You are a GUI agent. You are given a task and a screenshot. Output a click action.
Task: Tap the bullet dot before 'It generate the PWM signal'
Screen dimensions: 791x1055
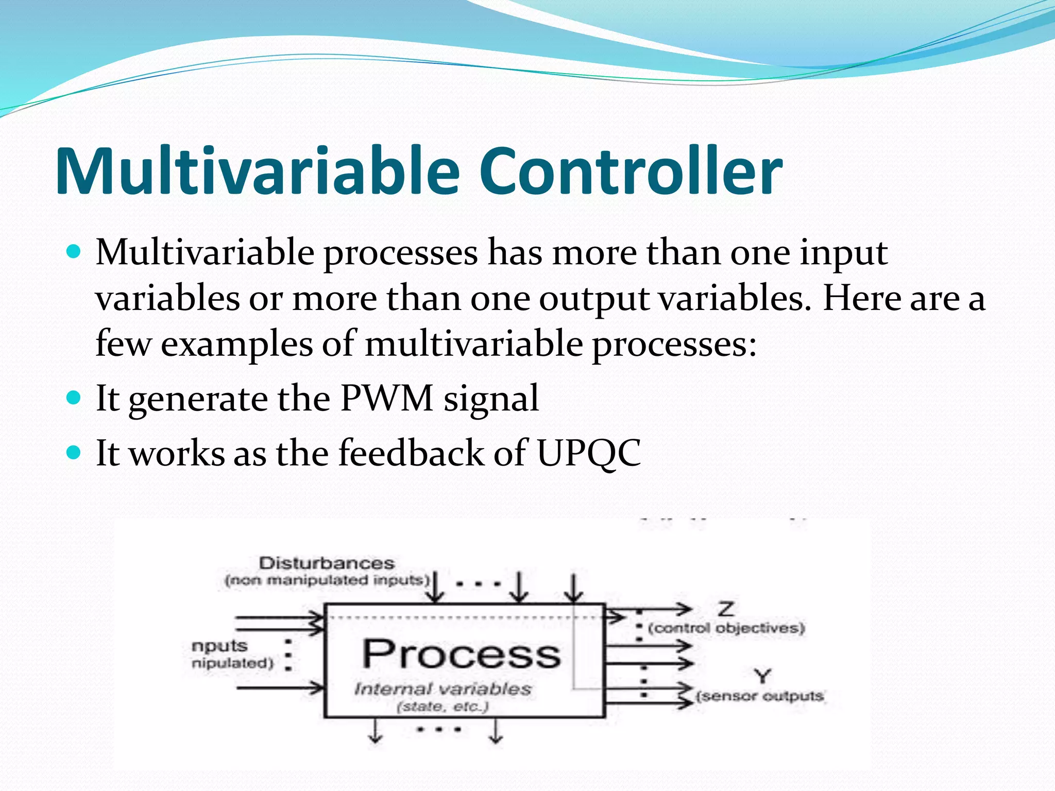pos(74,398)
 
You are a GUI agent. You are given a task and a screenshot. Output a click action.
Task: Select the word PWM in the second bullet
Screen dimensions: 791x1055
pos(386,398)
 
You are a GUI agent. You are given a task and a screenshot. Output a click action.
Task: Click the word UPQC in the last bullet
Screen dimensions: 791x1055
pos(588,453)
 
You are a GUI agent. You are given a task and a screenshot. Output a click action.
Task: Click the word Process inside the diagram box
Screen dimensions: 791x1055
pos(461,654)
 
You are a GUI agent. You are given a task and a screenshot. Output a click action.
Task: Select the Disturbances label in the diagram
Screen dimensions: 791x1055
pos(327,563)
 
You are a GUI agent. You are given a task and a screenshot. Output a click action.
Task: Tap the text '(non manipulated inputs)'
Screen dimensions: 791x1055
pos(327,580)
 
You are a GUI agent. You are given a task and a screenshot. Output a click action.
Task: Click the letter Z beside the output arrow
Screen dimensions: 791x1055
pos(726,609)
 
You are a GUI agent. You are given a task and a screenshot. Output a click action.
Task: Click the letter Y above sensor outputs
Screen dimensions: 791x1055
pos(762,675)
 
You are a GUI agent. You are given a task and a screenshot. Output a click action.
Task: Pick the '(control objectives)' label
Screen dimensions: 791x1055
pos(726,628)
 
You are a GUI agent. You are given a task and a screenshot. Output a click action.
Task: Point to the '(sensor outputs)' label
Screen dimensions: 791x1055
pos(760,696)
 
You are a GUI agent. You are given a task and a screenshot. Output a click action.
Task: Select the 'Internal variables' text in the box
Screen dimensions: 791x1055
pos(443,689)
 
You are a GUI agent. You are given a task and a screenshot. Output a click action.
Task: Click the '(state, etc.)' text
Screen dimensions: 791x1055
pos(443,707)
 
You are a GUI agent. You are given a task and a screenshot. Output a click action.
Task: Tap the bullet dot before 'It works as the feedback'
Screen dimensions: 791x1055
pos(74,453)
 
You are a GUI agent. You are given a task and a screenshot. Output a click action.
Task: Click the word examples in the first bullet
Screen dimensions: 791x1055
pos(236,344)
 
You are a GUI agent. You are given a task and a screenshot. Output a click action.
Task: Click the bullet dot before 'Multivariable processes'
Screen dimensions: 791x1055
pos(74,252)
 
